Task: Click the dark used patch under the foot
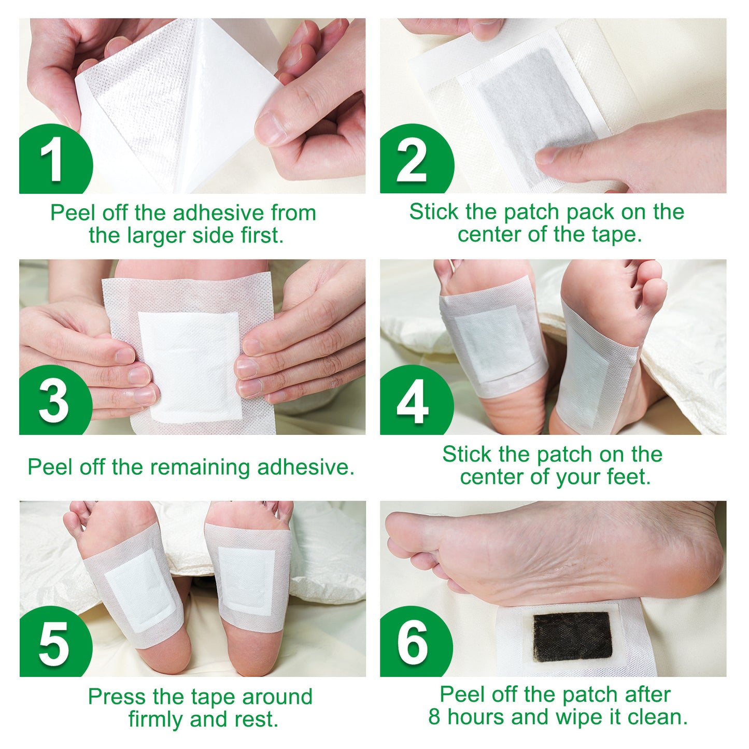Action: coord(572,637)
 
